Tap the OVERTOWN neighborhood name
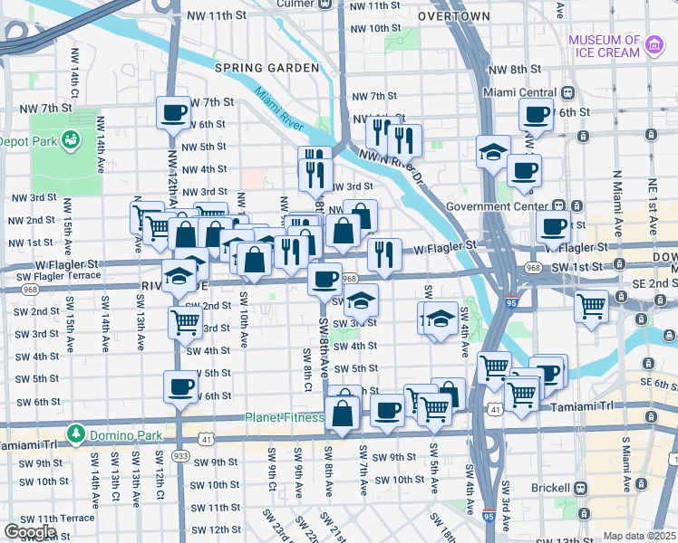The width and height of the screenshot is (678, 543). tap(454, 16)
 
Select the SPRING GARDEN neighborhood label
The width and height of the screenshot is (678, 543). tap(266, 68)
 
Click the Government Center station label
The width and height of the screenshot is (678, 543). tap(499, 206)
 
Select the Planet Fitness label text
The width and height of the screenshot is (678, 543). tap(285, 417)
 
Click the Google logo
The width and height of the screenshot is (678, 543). tap(30, 531)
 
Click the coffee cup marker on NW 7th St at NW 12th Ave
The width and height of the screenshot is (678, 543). tap(173, 113)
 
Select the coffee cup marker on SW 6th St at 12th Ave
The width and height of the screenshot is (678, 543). tap(179, 387)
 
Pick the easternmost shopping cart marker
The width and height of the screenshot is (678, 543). tap(591, 306)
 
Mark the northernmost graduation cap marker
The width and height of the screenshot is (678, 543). tap(493, 151)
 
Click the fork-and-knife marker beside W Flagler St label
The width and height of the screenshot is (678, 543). tap(385, 255)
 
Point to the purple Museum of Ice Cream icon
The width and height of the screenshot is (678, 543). tap(653, 42)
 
